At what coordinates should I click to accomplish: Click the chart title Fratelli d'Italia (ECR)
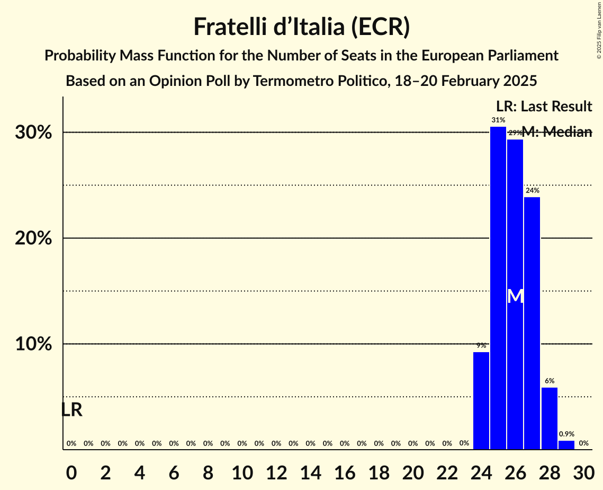tap(301, 27)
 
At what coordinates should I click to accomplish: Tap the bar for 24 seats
tap(481, 401)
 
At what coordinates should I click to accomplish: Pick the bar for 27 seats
tap(532, 323)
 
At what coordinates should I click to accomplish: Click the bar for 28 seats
tap(550, 418)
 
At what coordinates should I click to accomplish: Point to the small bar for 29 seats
tap(566, 445)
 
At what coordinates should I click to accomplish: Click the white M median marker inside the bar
tap(515, 296)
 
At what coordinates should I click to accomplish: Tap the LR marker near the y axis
tap(71, 410)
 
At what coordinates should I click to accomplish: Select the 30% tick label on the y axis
tap(33, 133)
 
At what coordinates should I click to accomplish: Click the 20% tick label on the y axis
tap(33, 239)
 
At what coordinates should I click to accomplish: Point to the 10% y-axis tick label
tap(33, 344)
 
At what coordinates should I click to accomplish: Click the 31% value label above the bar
tap(498, 120)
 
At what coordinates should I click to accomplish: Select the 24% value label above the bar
tap(532, 190)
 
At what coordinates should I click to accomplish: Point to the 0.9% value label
tap(566, 434)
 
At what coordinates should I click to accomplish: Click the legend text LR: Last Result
tap(544, 107)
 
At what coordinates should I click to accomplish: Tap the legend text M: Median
tap(556, 132)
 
